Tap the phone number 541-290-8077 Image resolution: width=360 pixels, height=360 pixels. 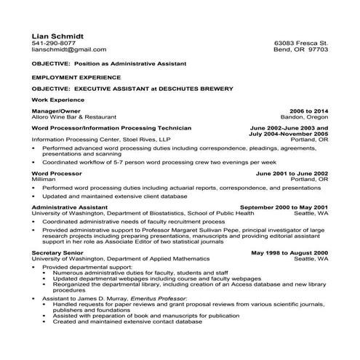coord(53,43)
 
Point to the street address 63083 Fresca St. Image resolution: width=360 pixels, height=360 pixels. coord(300,43)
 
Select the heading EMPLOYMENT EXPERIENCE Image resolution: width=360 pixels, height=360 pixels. coord(76,76)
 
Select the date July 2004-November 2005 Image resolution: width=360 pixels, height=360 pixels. coord(288,134)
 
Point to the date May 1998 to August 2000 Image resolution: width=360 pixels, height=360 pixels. coord(289,252)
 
